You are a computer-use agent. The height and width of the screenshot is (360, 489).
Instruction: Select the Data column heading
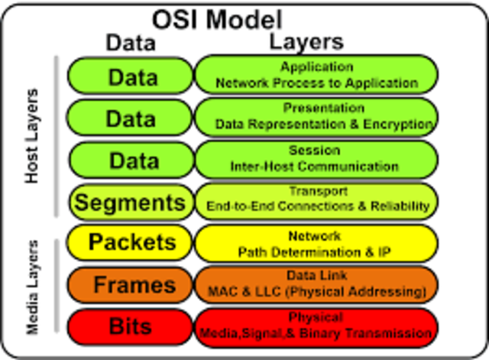click(x=130, y=43)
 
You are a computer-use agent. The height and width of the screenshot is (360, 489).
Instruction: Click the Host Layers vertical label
click(x=31, y=136)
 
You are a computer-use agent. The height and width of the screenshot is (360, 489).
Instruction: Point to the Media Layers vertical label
click(x=33, y=287)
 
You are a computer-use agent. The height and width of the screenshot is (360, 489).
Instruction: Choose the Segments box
click(x=131, y=203)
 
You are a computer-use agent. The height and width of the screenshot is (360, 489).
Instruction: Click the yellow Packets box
click(x=131, y=243)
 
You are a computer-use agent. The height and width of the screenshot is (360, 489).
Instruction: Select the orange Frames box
click(x=131, y=285)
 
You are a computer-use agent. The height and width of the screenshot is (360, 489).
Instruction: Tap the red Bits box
click(x=131, y=326)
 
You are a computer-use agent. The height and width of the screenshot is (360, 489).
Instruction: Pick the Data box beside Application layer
click(x=131, y=76)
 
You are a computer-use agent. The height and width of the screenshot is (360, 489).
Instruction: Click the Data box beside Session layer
click(x=131, y=161)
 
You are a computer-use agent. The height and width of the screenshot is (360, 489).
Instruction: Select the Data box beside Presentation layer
click(x=131, y=118)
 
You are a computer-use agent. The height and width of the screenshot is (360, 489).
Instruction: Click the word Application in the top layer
click(x=316, y=67)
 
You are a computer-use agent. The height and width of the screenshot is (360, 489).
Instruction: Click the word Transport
click(x=317, y=191)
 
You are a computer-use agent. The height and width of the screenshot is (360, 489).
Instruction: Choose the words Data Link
click(x=316, y=275)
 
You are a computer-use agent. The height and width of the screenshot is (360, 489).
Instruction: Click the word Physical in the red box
click(x=316, y=317)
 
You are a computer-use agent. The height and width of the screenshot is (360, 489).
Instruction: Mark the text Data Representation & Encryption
click(x=324, y=123)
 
